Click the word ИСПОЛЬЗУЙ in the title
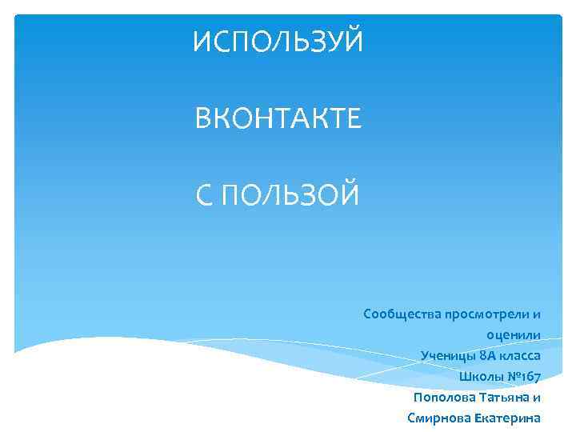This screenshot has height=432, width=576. click(278, 40)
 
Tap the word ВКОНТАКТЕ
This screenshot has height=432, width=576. click(278, 120)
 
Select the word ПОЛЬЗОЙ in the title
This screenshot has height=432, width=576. click(290, 194)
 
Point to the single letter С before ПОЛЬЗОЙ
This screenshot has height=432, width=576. click(205, 194)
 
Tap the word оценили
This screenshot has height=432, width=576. click(513, 334)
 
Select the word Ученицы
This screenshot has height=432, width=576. click(446, 355)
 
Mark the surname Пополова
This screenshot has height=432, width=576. click(442, 397)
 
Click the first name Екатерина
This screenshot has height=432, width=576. click(507, 418)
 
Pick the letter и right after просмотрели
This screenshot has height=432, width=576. click(537, 313)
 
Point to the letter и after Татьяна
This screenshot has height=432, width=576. click(537, 397)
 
